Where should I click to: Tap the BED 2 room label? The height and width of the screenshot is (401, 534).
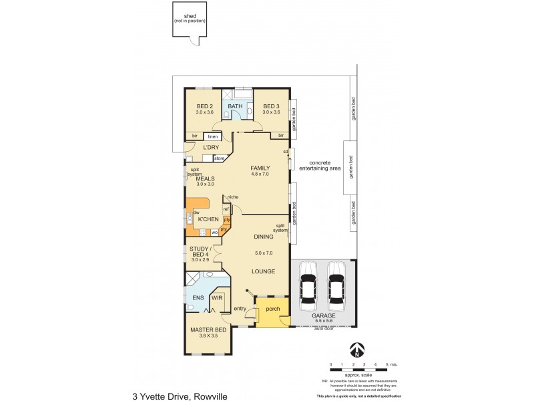pyautogui.click(x=204, y=106)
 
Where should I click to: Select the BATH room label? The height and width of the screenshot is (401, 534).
pyautogui.click(x=236, y=106)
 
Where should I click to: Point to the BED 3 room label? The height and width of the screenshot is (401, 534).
pyautogui.click(x=270, y=106)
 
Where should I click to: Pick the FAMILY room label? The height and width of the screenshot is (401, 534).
pyautogui.click(x=260, y=168)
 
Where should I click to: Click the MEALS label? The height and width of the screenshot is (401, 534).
pyautogui.click(x=204, y=178)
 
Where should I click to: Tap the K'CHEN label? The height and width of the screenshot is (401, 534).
pyautogui.click(x=208, y=219)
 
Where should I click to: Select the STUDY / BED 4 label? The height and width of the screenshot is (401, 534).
pyautogui.click(x=204, y=253)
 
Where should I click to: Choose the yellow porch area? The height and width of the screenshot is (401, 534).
pyautogui.click(x=273, y=312)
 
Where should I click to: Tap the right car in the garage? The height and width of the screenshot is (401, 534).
pyautogui.click(x=337, y=281)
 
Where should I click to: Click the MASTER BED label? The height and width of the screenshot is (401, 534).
pyautogui.click(x=208, y=330)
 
